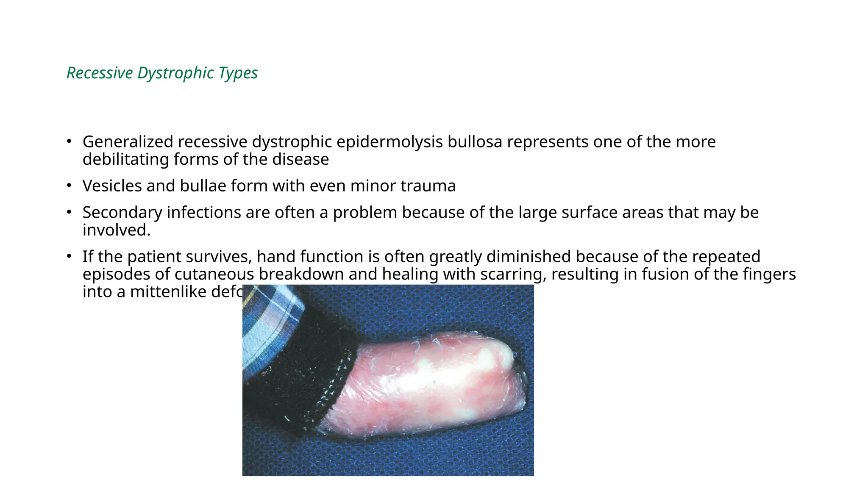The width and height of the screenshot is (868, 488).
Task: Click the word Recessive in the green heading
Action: coord(100,73)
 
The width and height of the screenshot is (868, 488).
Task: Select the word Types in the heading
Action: coord(238,73)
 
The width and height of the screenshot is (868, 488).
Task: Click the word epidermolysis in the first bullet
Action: coord(389,142)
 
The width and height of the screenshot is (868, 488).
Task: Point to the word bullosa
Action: coord(475,142)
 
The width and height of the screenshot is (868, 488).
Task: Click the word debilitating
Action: coord(125,160)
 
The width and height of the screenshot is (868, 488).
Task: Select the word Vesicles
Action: coord(112,186)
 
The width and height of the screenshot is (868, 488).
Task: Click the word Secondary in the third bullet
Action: coord(122,213)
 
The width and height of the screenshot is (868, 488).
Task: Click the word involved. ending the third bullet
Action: coord(117,230)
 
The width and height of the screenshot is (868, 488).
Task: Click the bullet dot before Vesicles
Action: coord(69,186)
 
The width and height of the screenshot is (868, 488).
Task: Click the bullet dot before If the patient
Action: coord(69,256)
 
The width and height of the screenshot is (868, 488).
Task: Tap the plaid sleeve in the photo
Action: coord(267,322)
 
